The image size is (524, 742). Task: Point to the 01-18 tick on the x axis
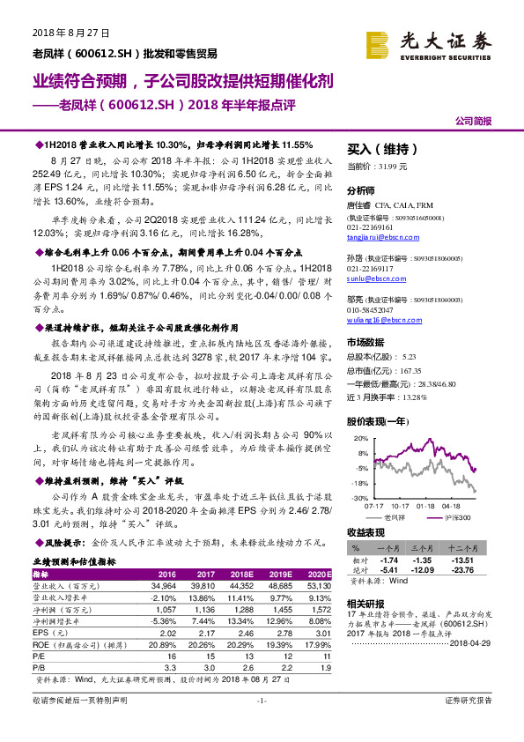tap(426, 506)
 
